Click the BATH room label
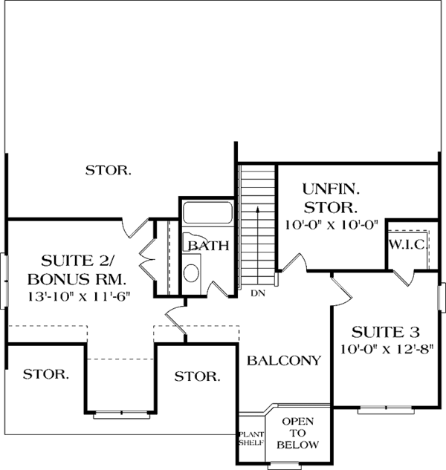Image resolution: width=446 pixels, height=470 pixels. point(208,246)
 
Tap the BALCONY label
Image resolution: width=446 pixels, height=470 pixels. point(284,361)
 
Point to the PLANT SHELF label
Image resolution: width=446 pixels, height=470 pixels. point(246,437)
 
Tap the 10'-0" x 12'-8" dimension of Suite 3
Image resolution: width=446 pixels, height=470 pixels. point(387,349)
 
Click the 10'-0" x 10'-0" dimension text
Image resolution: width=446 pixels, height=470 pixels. point(331,223)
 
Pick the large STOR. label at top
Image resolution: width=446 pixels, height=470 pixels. point(109,170)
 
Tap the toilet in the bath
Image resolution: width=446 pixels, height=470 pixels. point(190,272)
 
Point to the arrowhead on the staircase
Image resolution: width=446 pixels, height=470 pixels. point(257,210)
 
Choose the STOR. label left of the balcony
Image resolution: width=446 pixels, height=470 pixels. point(197,376)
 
